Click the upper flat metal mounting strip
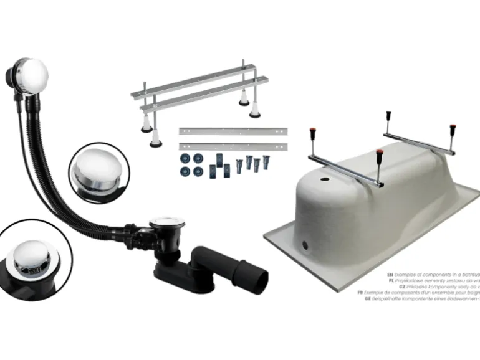click(x=234, y=131)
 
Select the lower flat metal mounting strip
click(x=234, y=146)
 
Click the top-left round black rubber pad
click(x=185, y=158)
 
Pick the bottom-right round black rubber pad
click(x=198, y=171)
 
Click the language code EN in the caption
click(x=390, y=275)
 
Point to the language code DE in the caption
click(x=368, y=298)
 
